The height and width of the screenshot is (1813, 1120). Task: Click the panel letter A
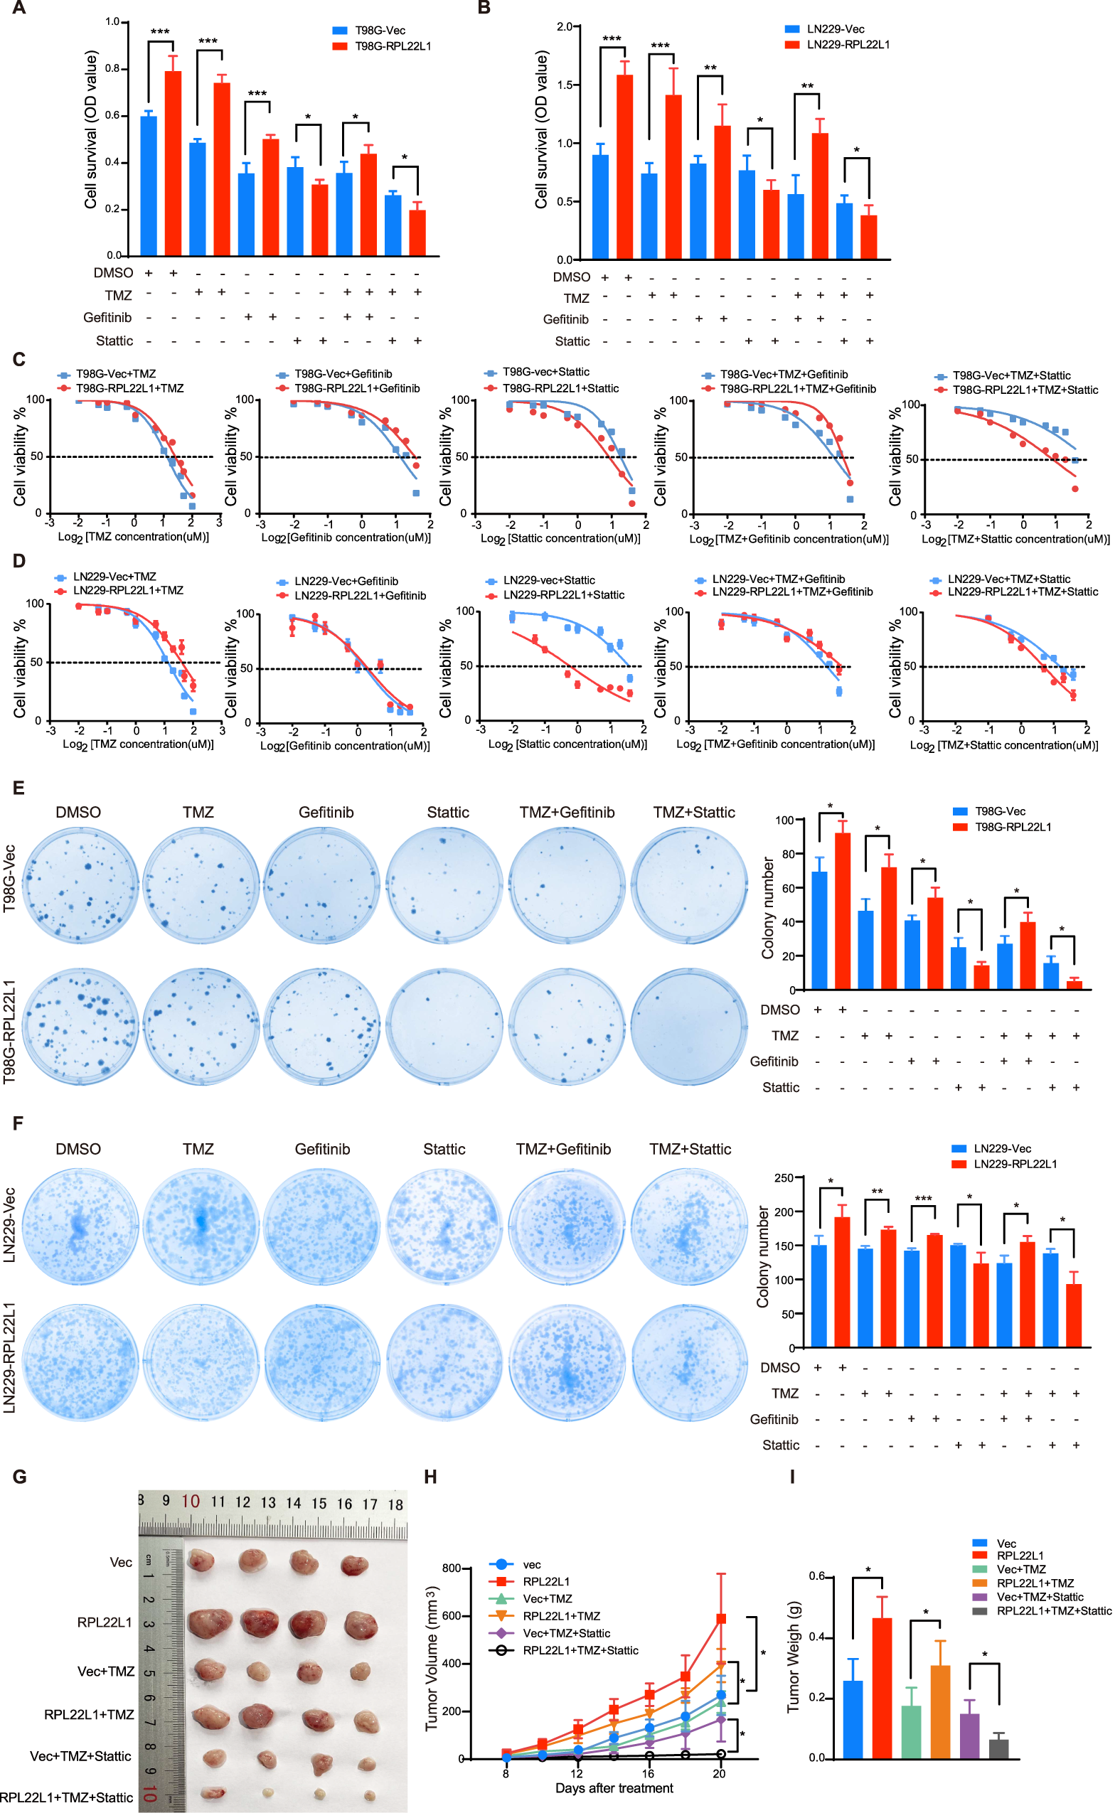[x=18, y=8]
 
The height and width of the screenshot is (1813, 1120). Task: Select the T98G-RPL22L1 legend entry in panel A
[x=392, y=46]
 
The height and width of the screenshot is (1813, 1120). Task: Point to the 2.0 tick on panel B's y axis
[x=564, y=27]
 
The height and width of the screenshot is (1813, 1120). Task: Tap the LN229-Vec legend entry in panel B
[x=835, y=29]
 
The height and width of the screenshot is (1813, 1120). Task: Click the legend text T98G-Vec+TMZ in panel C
[x=115, y=374]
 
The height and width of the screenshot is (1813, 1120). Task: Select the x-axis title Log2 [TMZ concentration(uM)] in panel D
[x=138, y=744]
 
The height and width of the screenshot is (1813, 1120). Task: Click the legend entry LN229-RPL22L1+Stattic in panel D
[x=563, y=594]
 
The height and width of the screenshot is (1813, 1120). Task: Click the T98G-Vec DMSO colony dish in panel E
[x=81, y=885]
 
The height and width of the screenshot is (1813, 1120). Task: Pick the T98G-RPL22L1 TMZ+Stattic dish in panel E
[x=690, y=1027]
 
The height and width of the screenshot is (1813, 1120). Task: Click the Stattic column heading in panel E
[x=447, y=813]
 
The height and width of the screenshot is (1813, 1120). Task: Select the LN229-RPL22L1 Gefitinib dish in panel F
[x=322, y=1362]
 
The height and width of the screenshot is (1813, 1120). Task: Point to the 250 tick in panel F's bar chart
[x=784, y=1178]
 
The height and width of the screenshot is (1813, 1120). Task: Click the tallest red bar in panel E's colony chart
[x=842, y=910]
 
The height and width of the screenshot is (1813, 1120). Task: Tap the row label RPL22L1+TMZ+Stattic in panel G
[x=67, y=1797]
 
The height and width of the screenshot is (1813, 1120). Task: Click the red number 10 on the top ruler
[x=191, y=1501]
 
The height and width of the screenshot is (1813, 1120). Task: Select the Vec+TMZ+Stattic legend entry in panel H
[x=566, y=1633]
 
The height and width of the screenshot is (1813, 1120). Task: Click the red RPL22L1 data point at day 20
[x=720, y=1618]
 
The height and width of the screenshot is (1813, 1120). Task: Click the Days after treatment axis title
[x=614, y=1788]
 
